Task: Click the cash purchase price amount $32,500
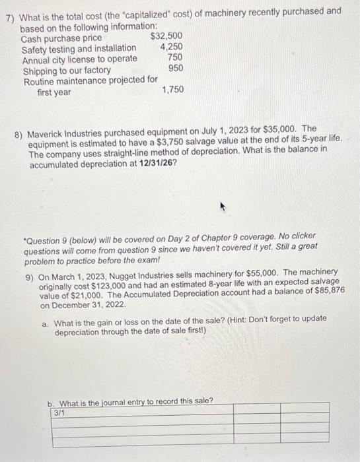166,36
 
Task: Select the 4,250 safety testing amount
171,47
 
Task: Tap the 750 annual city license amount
174,57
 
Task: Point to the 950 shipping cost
175,68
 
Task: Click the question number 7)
10,11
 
